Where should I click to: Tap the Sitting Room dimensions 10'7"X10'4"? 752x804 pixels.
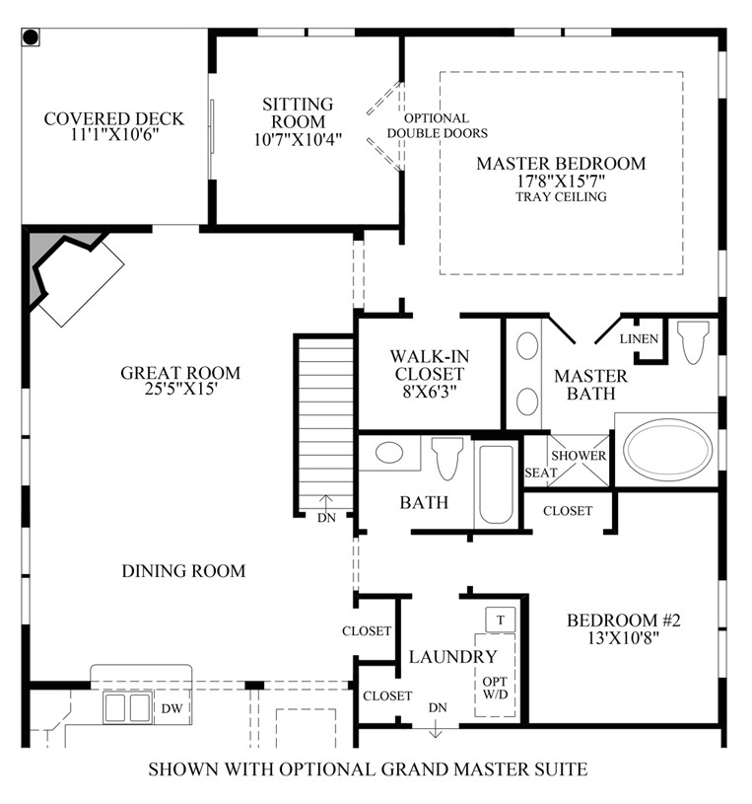(298, 139)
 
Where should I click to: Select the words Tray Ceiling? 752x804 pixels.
(561, 197)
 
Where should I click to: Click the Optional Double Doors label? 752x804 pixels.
(437, 125)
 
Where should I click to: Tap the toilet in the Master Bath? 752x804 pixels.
(693, 341)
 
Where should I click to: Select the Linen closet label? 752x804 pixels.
(639, 339)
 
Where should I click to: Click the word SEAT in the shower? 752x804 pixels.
(540, 473)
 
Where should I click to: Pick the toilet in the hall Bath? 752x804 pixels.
(447, 458)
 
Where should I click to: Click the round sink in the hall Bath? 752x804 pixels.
(389, 453)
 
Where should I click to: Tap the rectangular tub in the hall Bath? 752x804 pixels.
(496, 484)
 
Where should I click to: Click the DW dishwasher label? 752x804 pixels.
(171, 708)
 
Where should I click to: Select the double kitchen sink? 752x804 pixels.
(127, 707)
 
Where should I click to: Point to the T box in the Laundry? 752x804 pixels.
(500, 620)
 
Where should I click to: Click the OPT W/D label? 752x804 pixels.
(495, 689)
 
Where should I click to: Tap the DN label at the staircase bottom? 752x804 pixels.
(326, 518)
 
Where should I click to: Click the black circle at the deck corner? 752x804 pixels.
(31, 37)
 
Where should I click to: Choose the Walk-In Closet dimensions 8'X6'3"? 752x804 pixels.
(430, 393)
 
